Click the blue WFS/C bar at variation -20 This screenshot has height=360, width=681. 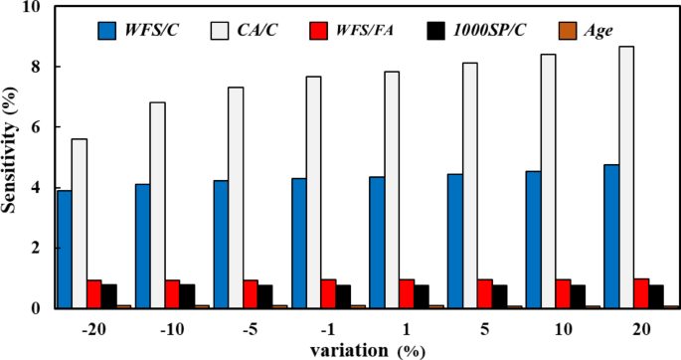point(64,250)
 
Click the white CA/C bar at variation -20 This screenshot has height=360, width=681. point(79,224)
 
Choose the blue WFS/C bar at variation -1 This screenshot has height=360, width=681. point(298,244)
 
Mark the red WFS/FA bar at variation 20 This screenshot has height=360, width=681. point(640,293)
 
